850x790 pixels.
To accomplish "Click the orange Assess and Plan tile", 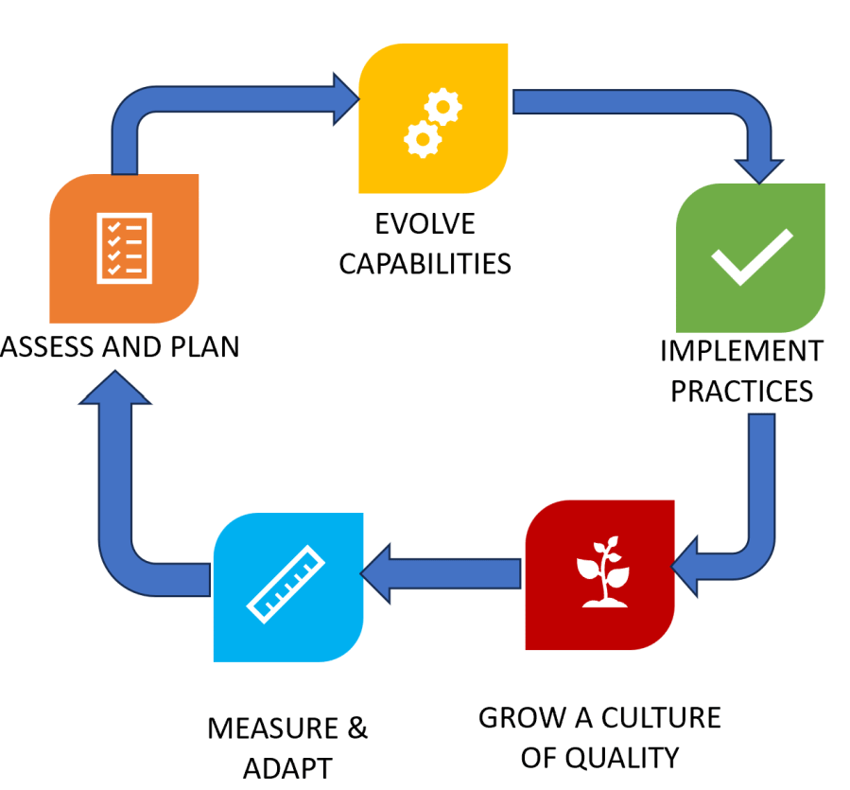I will coord(124,248).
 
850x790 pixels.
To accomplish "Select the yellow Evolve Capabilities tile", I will coord(432,119).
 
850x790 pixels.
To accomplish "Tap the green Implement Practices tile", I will coord(750,257).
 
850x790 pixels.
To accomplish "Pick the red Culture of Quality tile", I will coord(599,574).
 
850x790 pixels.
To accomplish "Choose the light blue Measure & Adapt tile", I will coord(288,587).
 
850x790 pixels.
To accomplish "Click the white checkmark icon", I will coord(751,255).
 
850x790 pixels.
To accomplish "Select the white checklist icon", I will coord(124,247).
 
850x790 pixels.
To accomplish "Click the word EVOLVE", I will coord(425,225).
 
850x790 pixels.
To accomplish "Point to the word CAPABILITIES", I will coord(425,263).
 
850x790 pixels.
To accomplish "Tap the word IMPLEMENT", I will coord(741,351).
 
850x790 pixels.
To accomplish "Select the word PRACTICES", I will coord(741,390).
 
